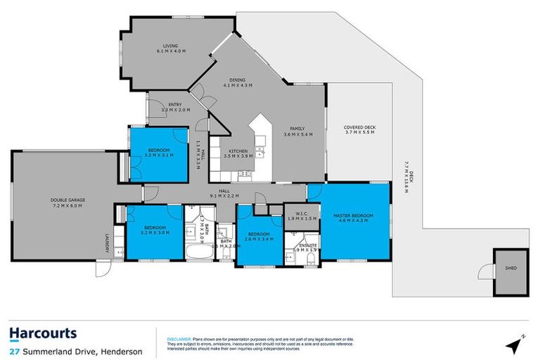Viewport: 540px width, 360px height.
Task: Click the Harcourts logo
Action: tap(43, 333)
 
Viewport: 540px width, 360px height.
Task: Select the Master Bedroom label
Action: tap(353, 215)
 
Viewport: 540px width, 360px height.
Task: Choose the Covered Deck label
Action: tap(361, 128)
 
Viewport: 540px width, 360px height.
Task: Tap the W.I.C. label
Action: tap(296, 215)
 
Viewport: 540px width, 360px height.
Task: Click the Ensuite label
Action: tap(307, 246)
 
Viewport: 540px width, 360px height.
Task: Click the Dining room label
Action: tap(238, 81)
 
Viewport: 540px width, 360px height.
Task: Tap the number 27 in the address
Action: tap(14, 352)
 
